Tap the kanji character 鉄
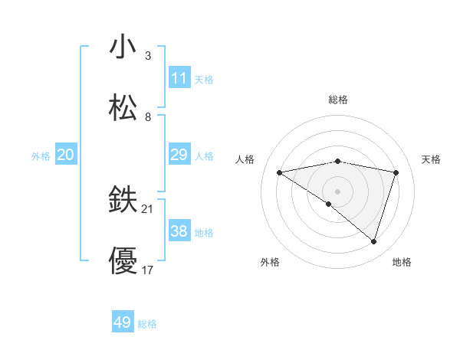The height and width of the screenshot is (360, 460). point(123,201)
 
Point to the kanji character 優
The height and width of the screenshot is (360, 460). point(123,261)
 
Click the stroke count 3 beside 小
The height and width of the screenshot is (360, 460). point(148,56)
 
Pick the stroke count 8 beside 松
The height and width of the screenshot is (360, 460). point(148,117)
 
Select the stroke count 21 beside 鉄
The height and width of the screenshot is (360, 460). point(148,209)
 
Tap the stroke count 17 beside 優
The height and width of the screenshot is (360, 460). point(148,270)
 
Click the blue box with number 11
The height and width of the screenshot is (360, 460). point(179,78)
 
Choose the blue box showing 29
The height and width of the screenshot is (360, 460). point(179,155)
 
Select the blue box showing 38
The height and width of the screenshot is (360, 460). point(179,231)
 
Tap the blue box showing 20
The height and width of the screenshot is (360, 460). point(66,155)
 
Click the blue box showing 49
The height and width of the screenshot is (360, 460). point(123,322)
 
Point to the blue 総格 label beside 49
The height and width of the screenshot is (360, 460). point(147,324)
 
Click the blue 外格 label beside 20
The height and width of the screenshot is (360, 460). point(41,156)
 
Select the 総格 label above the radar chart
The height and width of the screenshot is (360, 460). point(338,100)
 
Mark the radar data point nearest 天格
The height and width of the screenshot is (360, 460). point(396,172)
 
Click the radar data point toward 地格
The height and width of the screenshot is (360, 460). point(373,242)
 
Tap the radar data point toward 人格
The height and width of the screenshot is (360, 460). point(280,172)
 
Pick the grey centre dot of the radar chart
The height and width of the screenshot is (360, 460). point(338,191)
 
